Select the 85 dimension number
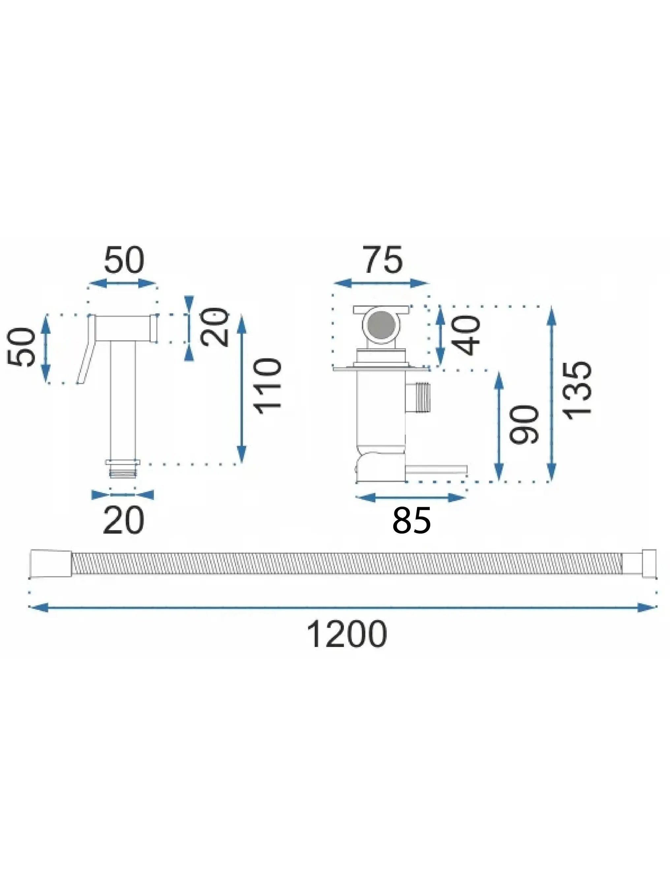[x=411, y=521]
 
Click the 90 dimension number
[x=524, y=424]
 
